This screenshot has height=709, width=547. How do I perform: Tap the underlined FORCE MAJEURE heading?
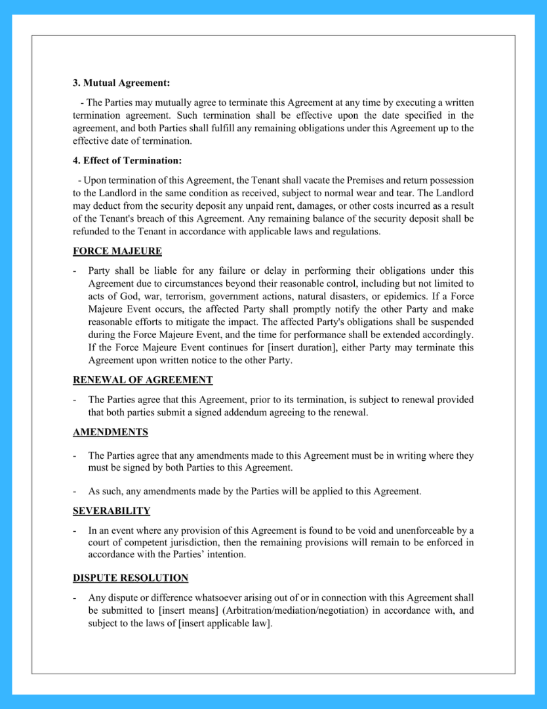[x=117, y=251]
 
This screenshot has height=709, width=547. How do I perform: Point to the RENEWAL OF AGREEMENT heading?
[x=142, y=380]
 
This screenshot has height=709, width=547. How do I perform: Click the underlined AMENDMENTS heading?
[x=110, y=432]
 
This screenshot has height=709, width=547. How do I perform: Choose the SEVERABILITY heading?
[x=111, y=511]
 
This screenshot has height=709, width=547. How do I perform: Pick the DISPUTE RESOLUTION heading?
[x=131, y=578]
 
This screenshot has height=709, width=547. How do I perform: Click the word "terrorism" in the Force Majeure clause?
[x=183, y=296]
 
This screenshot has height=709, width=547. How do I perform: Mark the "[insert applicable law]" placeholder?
[x=224, y=623]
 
